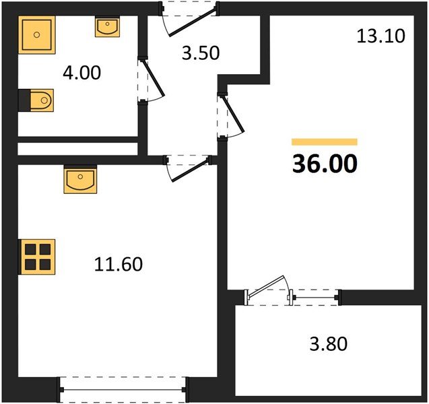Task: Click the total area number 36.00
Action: pyautogui.click(x=325, y=163)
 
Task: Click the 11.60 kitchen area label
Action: pyautogui.click(x=119, y=264)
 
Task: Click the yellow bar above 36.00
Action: pyautogui.click(x=324, y=142)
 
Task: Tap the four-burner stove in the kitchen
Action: pyautogui.click(x=35, y=256)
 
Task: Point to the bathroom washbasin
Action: pyautogui.click(x=108, y=27)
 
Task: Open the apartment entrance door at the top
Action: pyautogui.click(x=189, y=18)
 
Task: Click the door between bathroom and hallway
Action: pyautogui.click(x=153, y=81)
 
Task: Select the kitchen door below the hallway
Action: pyautogui.click(x=189, y=168)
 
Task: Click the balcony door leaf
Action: pyautogui.click(x=269, y=286)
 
